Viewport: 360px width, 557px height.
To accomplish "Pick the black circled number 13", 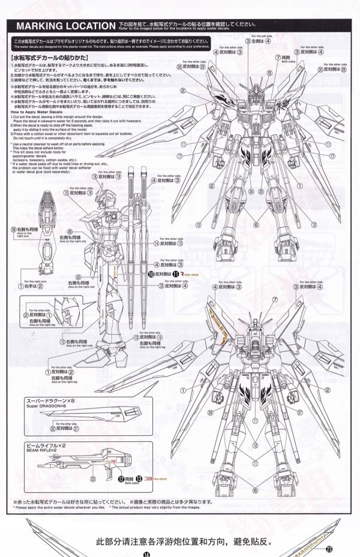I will [140, 480].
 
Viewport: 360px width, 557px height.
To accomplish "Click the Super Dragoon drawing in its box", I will [90, 414].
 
